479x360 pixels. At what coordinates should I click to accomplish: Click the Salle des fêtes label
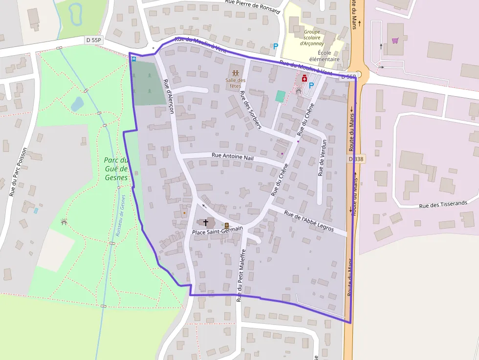pos(236,83)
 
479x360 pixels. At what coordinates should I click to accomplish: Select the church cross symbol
pos(206,223)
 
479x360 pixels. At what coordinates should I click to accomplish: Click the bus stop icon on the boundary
pos(134,59)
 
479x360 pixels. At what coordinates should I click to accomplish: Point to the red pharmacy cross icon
pos(305,78)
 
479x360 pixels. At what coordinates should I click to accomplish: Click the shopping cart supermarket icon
pos(395,41)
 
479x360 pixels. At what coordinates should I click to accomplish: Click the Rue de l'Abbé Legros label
pos(309,221)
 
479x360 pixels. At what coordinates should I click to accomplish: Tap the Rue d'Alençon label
pos(169,96)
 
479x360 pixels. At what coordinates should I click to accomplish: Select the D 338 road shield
pos(357,159)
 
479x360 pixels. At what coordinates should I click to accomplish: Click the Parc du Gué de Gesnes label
pos(116,169)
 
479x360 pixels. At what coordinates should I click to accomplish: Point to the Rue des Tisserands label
pos(443,204)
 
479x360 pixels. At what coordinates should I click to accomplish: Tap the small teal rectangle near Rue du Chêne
pos(280,96)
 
